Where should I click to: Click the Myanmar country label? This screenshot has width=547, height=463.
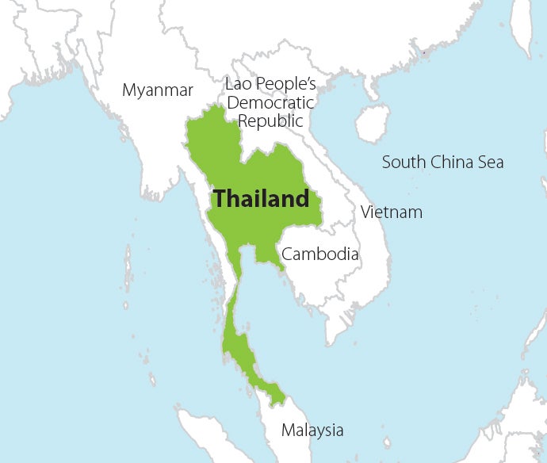coord(158,90)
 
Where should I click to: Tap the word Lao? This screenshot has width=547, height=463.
coord(239,84)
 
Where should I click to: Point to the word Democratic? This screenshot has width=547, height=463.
coord(270,102)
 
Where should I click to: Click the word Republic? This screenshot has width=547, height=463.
coord(271,121)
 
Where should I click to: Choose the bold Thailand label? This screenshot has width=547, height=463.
coord(262,198)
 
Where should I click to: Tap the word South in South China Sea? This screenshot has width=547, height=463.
coord(404,163)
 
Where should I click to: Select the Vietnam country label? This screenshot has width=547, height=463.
coord(391,212)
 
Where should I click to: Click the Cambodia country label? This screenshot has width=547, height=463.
coord(320,254)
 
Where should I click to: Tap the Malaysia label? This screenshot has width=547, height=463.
coord(312,430)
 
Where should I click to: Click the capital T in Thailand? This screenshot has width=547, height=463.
coord(220,198)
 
